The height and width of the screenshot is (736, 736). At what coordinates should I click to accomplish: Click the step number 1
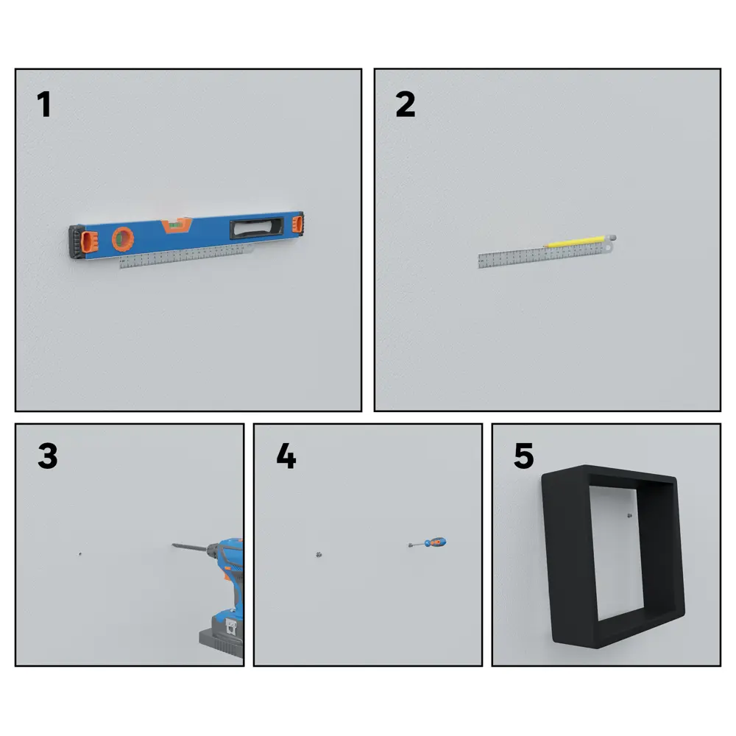[44, 105]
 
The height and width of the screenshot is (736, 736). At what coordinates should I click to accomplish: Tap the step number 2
[405, 105]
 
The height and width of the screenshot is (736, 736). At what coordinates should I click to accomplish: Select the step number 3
[47, 456]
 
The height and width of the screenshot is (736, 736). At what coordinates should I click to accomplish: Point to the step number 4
[286, 456]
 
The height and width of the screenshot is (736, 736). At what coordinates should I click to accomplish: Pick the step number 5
[523, 456]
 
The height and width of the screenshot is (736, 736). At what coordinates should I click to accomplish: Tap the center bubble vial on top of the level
[175, 223]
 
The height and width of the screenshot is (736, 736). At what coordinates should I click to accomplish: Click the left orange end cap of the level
[88, 241]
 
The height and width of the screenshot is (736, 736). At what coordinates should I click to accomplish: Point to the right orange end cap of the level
[297, 223]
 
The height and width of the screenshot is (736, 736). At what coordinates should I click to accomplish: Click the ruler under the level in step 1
[184, 255]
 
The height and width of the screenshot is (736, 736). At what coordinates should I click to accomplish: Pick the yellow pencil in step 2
[578, 241]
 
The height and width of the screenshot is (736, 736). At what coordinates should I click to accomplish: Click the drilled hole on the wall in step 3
[79, 553]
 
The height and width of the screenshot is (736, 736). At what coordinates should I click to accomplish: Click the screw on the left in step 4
[318, 554]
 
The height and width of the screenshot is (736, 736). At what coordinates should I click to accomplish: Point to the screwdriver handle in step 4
[436, 543]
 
